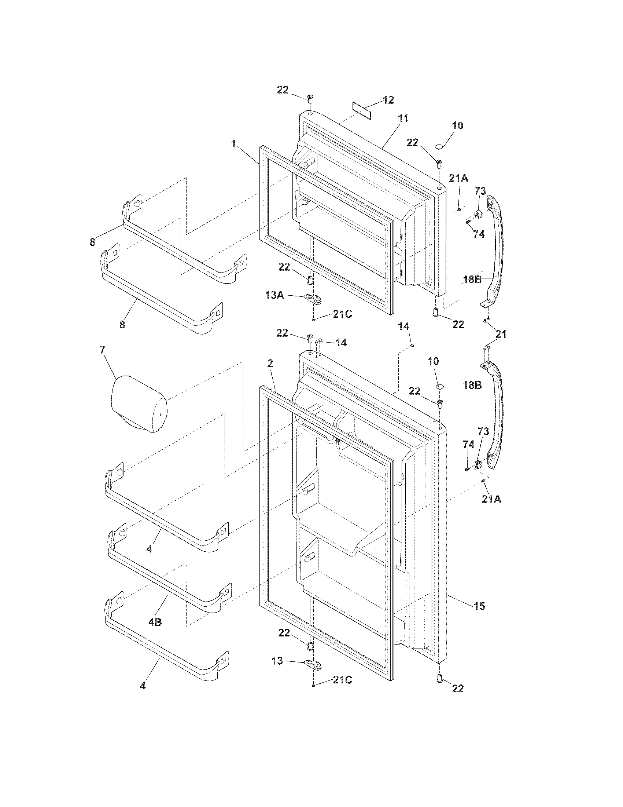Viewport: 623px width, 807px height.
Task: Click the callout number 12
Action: click(x=388, y=100)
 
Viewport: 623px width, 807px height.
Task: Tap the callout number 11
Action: click(x=403, y=119)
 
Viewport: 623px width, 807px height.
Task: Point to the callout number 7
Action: click(x=102, y=350)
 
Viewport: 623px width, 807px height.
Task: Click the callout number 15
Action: click(x=479, y=606)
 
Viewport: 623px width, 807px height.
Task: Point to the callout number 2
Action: click(x=270, y=363)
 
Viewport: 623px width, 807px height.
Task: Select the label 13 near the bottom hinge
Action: click(x=277, y=661)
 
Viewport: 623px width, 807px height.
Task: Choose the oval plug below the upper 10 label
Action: click(x=439, y=147)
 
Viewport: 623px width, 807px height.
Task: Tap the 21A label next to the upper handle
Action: click(x=458, y=179)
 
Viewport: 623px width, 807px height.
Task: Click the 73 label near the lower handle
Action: click(x=483, y=431)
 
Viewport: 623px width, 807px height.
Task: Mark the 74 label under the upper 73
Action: click(x=479, y=234)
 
